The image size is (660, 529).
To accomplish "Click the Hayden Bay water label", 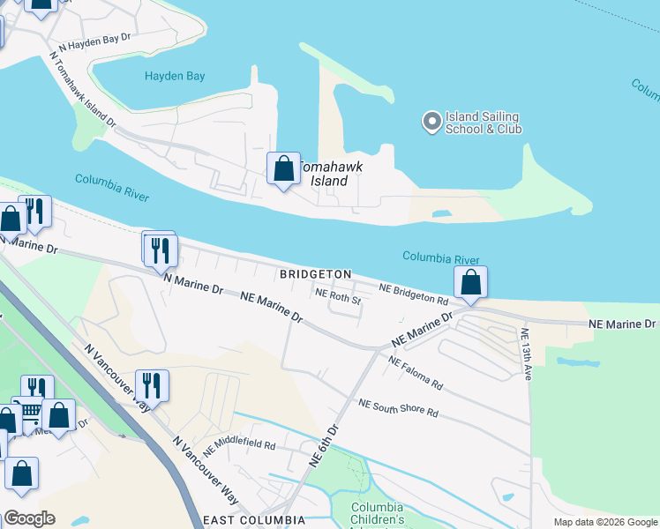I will point(175,77).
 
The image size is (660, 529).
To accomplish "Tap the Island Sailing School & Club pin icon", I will point(431,122).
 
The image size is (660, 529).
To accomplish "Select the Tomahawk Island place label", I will point(328,173).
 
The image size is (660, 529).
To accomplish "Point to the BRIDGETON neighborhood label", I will point(316,275).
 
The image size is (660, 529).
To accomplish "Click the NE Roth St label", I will point(339,297).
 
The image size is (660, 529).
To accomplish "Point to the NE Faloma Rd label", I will point(414,373).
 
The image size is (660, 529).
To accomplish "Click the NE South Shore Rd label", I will point(398,407).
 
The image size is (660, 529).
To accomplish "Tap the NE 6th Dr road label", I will point(324,446).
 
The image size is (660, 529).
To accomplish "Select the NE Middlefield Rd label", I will point(239,437).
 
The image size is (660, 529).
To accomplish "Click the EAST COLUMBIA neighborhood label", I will point(254,520).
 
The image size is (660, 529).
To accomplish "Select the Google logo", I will point(29,518).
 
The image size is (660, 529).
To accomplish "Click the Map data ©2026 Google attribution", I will point(604,522).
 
